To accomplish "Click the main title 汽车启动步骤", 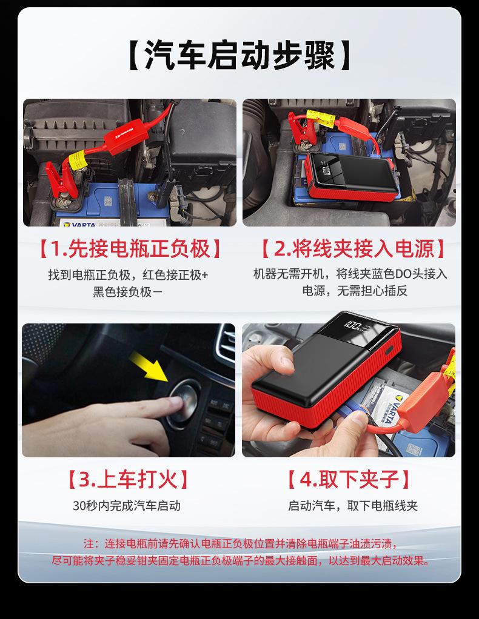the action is tap(240, 55).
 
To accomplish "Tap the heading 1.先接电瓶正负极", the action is tap(130, 249).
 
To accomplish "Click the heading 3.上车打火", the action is tap(128, 479).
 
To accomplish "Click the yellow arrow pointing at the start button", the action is tap(149, 366).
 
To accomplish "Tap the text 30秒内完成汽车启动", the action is tap(127, 506).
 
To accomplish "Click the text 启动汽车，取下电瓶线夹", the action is tap(352, 506).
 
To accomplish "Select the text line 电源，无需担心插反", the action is tap(355, 291).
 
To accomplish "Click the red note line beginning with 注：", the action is tap(240, 544).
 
